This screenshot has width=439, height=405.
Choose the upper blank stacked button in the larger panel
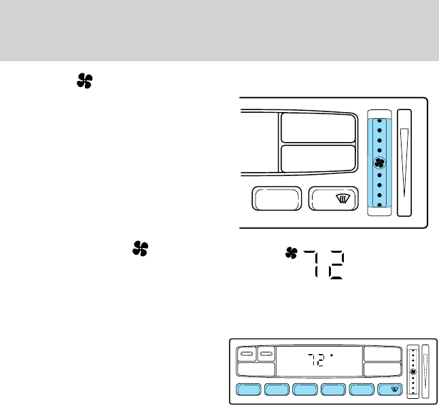pos(318,127)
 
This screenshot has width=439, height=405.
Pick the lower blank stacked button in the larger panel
pos(318,158)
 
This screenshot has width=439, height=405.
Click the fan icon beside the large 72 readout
pos(292,253)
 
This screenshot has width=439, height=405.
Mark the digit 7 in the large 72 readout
pos(314,264)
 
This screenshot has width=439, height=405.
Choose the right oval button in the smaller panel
pos(266,353)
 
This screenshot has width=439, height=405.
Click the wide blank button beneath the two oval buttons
pos(256,370)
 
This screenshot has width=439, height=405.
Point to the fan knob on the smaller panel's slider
pos(413,371)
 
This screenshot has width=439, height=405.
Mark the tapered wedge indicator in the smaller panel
pos(426,370)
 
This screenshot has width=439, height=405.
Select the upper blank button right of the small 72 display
pos(381,353)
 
